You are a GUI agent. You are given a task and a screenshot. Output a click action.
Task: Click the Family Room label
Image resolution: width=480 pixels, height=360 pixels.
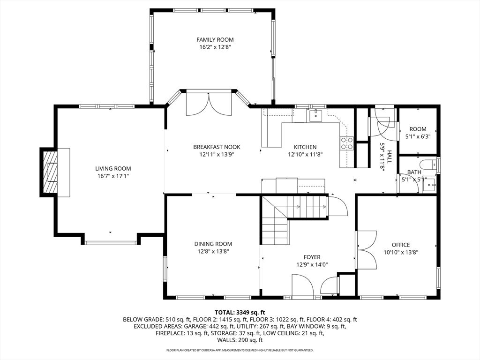[215, 40]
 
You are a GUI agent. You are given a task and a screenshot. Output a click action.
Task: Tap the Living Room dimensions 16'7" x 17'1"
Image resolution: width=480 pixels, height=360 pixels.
[113, 176]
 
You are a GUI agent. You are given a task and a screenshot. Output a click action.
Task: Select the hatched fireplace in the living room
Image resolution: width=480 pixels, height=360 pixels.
[50, 172]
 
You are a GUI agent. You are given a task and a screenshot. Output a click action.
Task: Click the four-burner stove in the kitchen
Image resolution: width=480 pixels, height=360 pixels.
[347, 143]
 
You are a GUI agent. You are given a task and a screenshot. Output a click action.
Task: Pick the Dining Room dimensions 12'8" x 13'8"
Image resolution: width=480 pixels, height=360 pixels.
[213, 251]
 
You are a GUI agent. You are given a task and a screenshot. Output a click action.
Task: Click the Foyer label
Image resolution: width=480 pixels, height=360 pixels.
[312, 257]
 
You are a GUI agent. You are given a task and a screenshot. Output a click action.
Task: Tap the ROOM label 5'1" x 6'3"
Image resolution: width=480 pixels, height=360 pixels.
[418, 129]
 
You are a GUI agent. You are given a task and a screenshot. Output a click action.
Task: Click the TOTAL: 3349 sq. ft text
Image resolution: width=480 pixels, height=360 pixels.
[240, 312]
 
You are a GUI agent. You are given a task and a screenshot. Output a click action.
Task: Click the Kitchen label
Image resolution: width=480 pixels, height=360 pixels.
[305, 147]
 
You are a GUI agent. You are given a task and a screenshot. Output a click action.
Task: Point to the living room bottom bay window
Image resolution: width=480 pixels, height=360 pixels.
[111, 242]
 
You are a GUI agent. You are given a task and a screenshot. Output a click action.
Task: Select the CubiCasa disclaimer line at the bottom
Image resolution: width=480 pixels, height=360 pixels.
[240, 350]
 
